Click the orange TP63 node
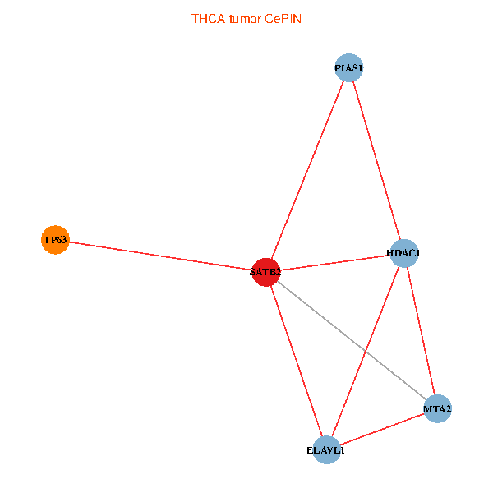pos(55,240)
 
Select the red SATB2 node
pos(266,272)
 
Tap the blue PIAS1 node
pos(349,67)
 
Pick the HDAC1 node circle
pos(403,253)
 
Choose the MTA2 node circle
pos(438,408)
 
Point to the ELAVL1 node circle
pos(327,449)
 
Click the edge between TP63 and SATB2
pos(160,256)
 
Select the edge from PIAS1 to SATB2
pos(307,170)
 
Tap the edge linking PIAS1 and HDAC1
pos(376,160)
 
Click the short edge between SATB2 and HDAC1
pos(334,263)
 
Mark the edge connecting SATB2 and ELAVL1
pos(297,361)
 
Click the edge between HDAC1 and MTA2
pos(421,330)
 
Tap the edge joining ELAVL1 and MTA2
pos(382,429)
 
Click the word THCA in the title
pos(208,18)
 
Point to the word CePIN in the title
pos(283,18)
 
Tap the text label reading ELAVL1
pos(326,450)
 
